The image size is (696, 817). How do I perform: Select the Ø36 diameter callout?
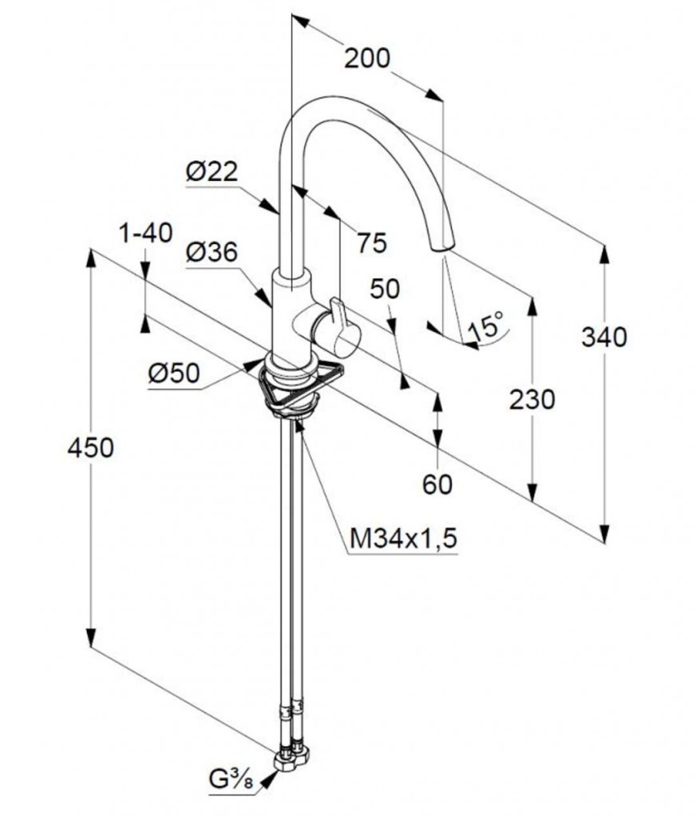(x=212, y=252)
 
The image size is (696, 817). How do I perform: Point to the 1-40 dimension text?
(x=146, y=234)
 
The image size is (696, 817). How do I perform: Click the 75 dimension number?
(x=372, y=242)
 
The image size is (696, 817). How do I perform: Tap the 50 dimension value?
(x=385, y=289)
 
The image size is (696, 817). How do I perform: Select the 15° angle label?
(x=488, y=325)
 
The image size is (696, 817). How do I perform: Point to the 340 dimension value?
(x=604, y=337)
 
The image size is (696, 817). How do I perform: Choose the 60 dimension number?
(x=437, y=484)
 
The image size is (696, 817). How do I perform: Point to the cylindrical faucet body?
(x=289, y=319)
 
